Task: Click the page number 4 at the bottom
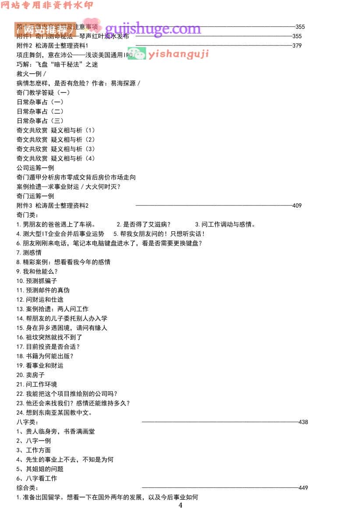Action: pyautogui.click(x=180, y=505)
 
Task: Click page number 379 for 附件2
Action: pyautogui.click(x=296, y=46)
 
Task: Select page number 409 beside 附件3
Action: pyautogui.click(x=296, y=205)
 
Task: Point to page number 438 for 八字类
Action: pyautogui.click(x=303, y=422)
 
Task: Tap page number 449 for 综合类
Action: pyautogui.click(x=303, y=488)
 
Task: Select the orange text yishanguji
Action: pyautogui.click(x=178, y=54)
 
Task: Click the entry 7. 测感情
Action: pyautogui.click(x=29, y=252)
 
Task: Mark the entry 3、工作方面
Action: pyautogui.click(x=34, y=450)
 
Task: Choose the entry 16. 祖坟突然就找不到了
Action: pyautogui.click(x=49, y=337)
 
